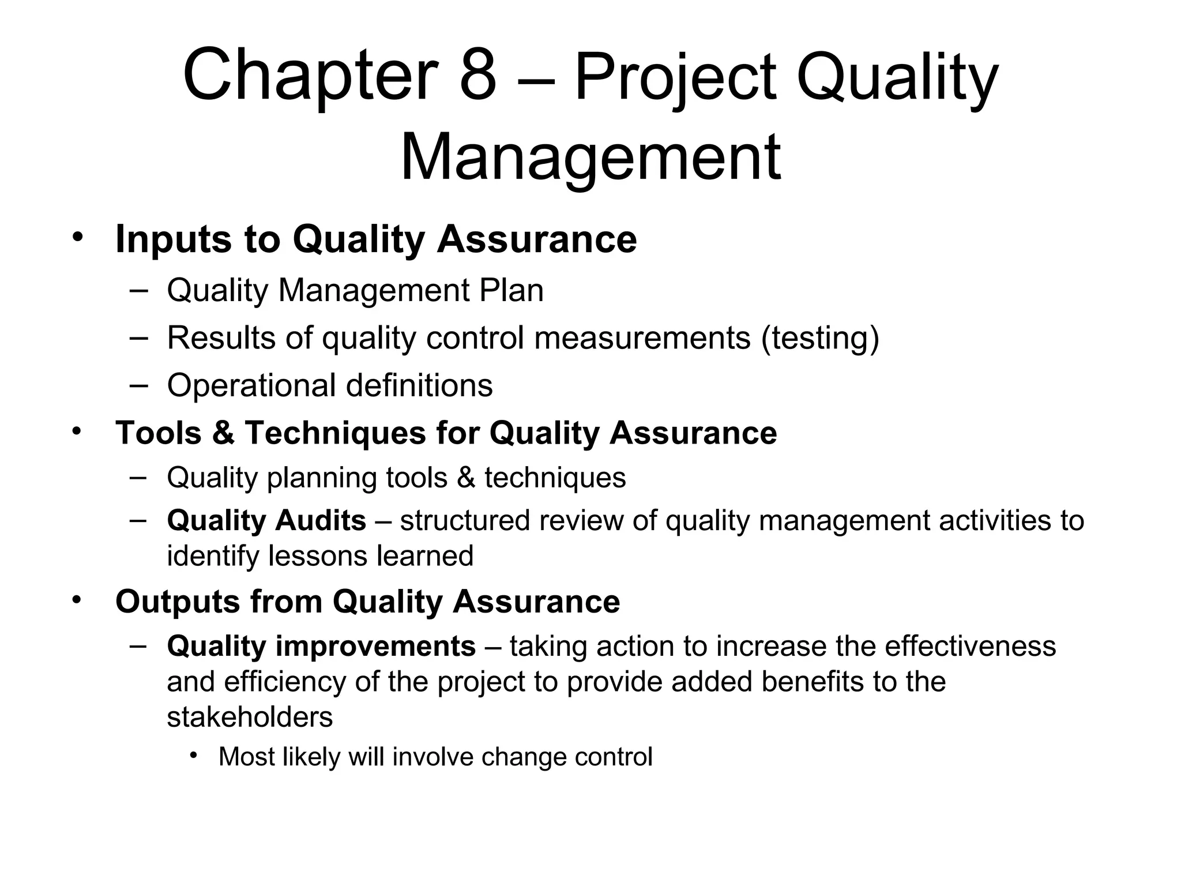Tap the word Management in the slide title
590,157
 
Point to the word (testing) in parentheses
820,338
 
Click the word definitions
419,385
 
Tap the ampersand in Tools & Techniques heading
223,433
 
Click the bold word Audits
320,520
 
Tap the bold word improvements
375,646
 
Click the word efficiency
284,682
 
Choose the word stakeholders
250,718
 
